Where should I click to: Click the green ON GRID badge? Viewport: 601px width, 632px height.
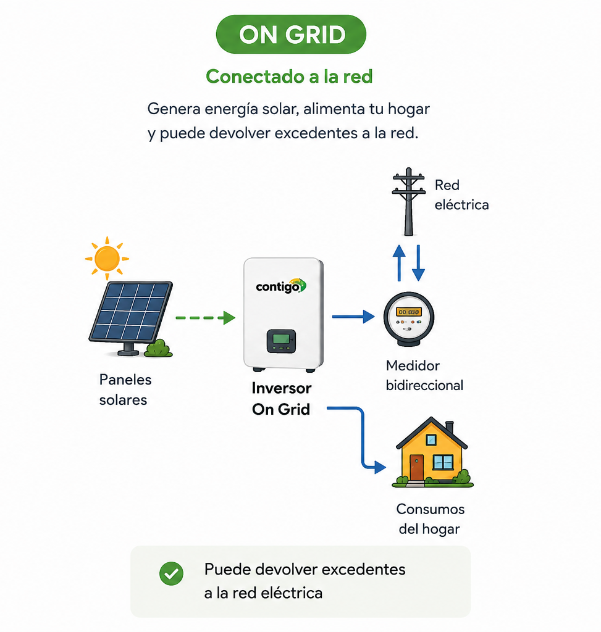pos(291,35)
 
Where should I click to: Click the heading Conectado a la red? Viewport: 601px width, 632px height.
pos(289,76)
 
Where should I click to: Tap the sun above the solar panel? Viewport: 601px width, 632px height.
pos(107,259)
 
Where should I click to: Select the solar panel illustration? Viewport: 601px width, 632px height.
pos(130,318)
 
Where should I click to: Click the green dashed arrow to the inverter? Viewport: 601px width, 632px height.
pos(205,318)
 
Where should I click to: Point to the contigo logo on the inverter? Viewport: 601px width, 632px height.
pos(281,286)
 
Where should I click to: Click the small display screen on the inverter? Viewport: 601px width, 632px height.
pos(281,341)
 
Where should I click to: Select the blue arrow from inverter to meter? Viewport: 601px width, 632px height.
pos(353,317)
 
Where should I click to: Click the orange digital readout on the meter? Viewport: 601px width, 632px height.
pos(409,312)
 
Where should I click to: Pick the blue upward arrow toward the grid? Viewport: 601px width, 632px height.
pos(399,263)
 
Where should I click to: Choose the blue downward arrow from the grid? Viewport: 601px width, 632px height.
pos(418,263)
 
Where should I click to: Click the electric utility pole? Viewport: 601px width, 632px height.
pos(409,202)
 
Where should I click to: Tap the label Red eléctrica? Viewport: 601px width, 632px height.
pos(461,194)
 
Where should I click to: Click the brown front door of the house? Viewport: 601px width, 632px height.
pos(417,468)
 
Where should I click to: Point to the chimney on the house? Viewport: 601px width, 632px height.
pos(449,428)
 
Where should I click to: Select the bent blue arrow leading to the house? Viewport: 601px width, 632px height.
pos(363,439)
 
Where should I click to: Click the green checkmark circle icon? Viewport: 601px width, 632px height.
pos(172,573)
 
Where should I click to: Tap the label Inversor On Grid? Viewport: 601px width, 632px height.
pos(281,399)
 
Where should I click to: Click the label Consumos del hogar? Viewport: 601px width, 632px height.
pos(430,518)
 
